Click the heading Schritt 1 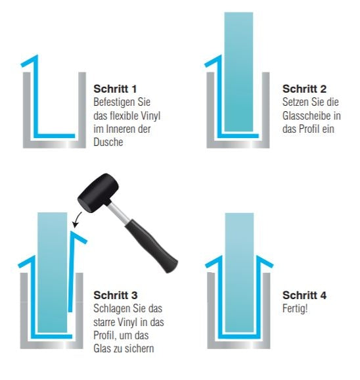click(115, 88)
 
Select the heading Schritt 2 click(304, 88)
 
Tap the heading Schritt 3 click(115, 295)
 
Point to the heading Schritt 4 click(304, 295)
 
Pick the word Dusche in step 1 click(108, 141)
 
